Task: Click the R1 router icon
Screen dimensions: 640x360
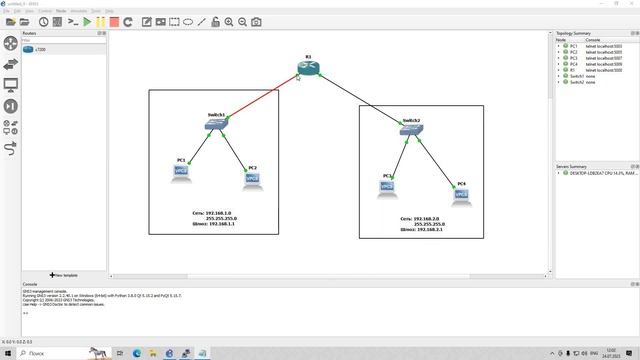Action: coord(309,68)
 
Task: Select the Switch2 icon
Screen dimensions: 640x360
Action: coord(411,131)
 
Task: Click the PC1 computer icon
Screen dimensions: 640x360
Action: coord(182,171)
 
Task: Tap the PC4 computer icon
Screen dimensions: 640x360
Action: coord(461,194)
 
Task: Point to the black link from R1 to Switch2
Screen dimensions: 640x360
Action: coord(360,99)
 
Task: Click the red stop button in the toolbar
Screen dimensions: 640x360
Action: coord(114,21)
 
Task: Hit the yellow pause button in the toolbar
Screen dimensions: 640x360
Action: coord(100,21)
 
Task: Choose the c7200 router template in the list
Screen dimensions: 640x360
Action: coord(40,48)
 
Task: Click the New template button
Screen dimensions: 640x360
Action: coord(64,275)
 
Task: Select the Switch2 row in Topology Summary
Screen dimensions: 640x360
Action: coord(577,82)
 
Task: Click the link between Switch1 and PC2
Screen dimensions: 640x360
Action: coord(237,150)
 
